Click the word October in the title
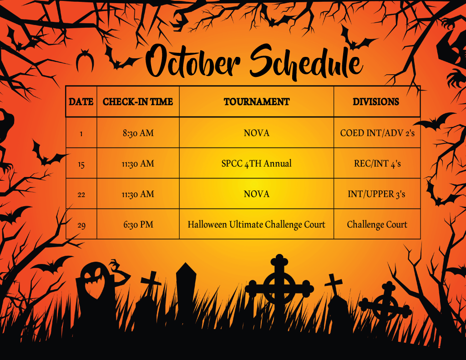(x=193, y=62)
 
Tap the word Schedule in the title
(x=306, y=62)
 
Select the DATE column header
(x=81, y=101)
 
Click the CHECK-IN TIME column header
(x=138, y=101)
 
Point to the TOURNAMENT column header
(x=257, y=101)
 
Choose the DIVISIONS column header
(x=376, y=101)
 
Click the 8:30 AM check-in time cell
(x=138, y=133)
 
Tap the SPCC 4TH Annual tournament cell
(x=257, y=163)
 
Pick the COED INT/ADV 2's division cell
(x=377, y=133)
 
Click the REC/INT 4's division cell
(x=377, y=163)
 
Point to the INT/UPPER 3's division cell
(x=376, y=194)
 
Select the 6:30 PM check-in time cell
(x=138, y=224)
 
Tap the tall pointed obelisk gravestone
(x=186, y=285)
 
